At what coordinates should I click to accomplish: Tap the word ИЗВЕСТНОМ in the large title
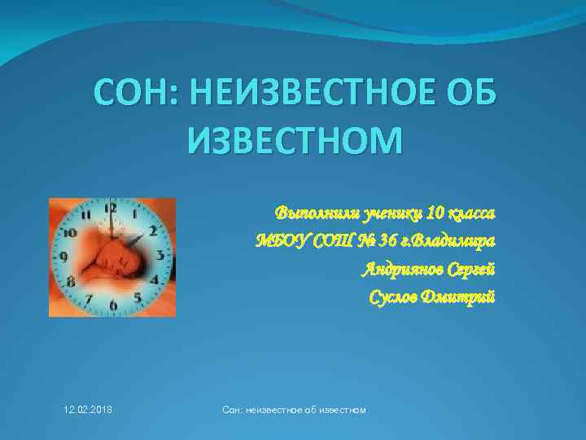tap(295, 141)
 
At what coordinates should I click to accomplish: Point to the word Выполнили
tap(310, 215)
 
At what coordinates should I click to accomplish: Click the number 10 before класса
tap(436, 215)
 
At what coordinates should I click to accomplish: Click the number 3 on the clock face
tap(160, 257)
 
